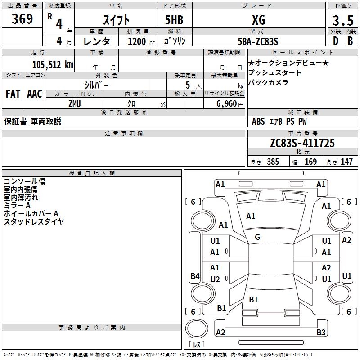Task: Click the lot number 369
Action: [x=22, y=19]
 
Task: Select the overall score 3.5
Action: [x=343, y=20]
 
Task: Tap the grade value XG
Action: [x=259, y=20]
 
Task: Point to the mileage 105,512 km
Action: [x=53, y=65]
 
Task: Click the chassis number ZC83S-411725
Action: [x=302, y=143]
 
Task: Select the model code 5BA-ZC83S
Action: [x=258, y=41]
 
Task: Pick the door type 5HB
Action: [x=174, y=20]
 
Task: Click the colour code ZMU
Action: [x=75, y=104]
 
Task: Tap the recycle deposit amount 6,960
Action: [x=227, y=104]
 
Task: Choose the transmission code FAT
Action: [x=13, y=94]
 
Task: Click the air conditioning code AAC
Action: [x=35, y=94]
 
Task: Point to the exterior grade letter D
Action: [x=335, y=41]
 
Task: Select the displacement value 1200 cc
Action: [x=141, y=41]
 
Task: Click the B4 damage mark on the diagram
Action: [x=195, y=276]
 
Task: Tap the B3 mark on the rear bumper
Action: [x=321, y=332]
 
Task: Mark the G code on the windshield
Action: [x=257, y=237]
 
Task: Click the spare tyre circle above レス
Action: [x=197, y=328]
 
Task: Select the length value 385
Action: [x=273, y=162]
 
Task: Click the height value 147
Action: [x=346, y=162]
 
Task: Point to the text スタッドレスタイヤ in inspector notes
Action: [x=34, y=221]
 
